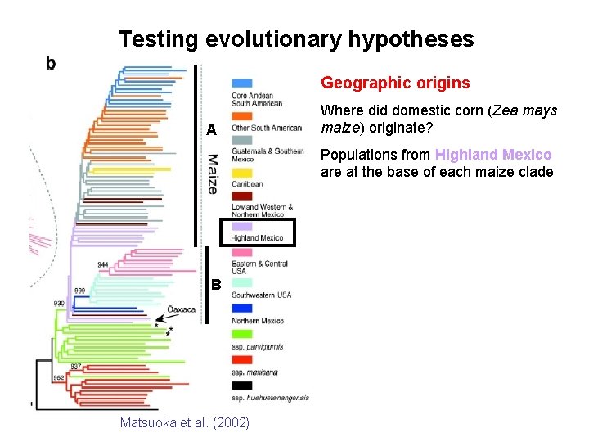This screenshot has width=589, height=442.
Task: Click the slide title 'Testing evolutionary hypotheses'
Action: point(295,38)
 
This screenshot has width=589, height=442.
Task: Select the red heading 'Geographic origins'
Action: point(395,83)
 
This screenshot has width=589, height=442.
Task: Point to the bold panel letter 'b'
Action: point(51,62)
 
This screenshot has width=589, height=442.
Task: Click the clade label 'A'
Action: point(211,131)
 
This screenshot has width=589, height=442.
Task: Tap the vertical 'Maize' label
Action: point(212,174)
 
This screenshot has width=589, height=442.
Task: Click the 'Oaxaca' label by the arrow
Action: point(182,310)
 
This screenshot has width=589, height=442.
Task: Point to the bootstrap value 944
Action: point(104,264)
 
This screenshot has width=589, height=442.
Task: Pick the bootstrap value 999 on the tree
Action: point(81,291)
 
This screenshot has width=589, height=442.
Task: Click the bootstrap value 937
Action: point(75,366)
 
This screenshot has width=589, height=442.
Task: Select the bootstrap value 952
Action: point(60,377)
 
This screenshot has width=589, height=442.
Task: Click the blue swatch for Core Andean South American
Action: point(241,83)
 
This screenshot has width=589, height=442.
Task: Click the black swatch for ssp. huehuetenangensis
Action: point(241,385)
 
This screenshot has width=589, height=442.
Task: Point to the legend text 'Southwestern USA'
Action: point(261,295)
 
